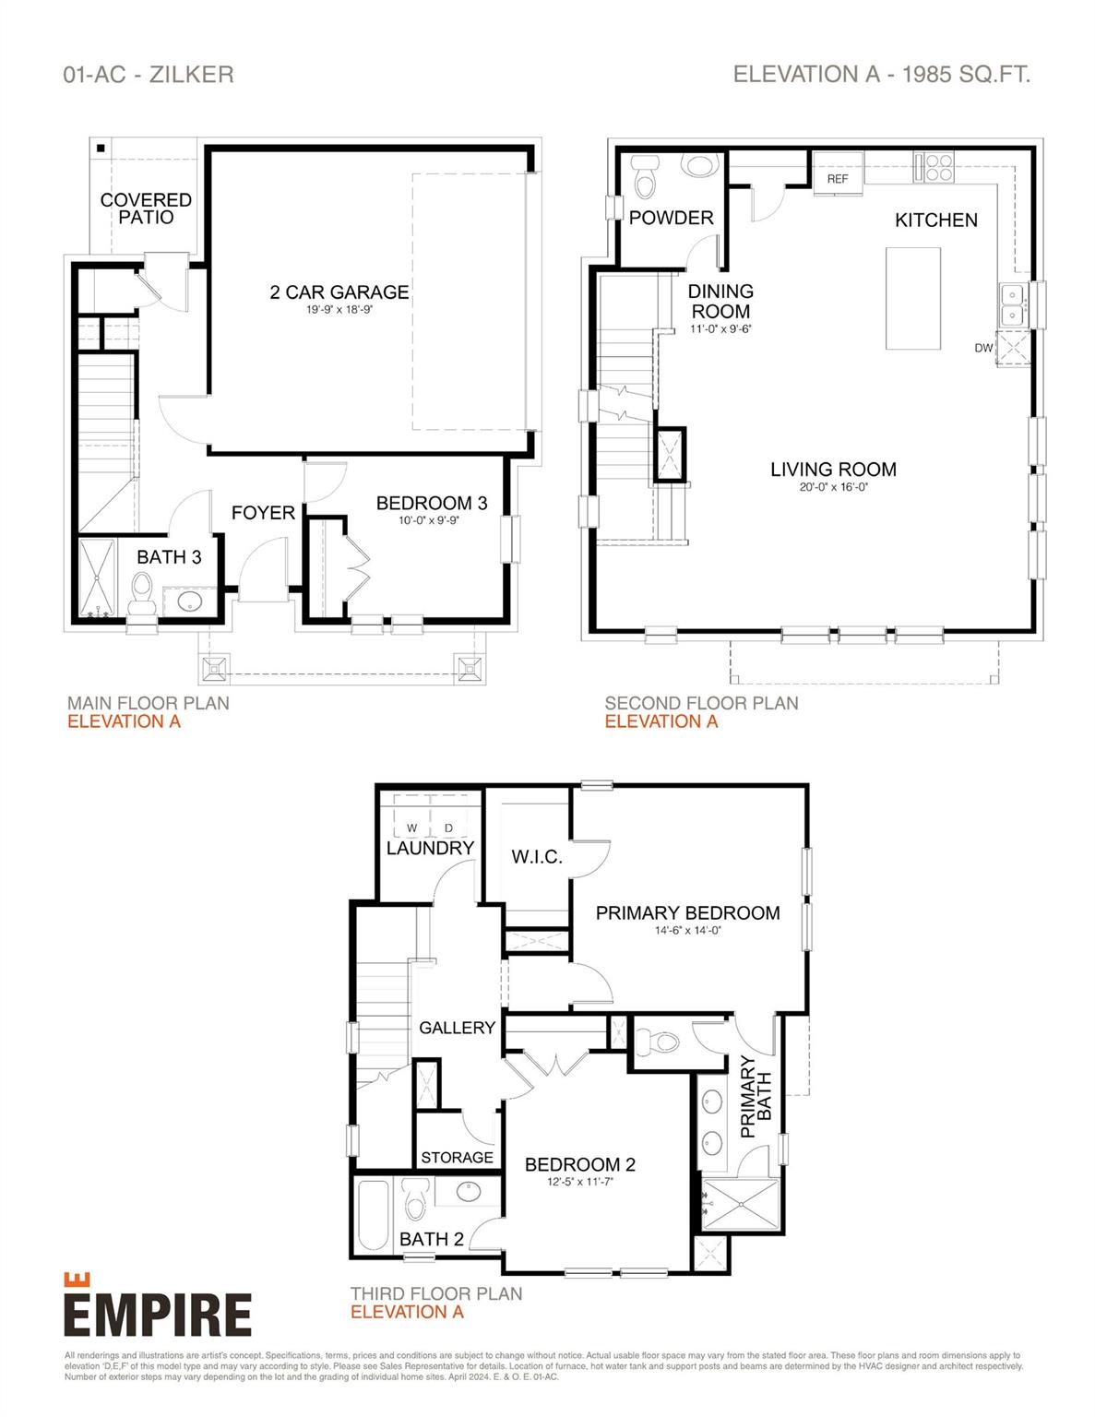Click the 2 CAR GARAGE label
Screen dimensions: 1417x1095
point(339,292)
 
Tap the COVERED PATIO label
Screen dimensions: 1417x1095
point(146,208)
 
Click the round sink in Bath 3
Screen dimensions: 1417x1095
point(190,601)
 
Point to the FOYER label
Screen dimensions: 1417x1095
point(263,513)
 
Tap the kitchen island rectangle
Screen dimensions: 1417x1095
point(913,298)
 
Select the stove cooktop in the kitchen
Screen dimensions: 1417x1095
point(934,167)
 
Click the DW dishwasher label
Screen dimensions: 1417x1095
point(983,348)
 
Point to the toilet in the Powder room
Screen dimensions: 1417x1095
point(645,176)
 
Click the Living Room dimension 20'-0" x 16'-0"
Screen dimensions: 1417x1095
point(833,488)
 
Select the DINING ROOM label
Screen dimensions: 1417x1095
point(720,302)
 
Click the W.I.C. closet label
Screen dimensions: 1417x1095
point(537,857)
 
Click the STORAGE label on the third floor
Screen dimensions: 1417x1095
point(457,1158)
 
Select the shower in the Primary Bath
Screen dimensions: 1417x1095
point(741,1205)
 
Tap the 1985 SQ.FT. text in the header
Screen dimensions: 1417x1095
point(966,75)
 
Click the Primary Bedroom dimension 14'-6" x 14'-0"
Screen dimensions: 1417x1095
point(687,931)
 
